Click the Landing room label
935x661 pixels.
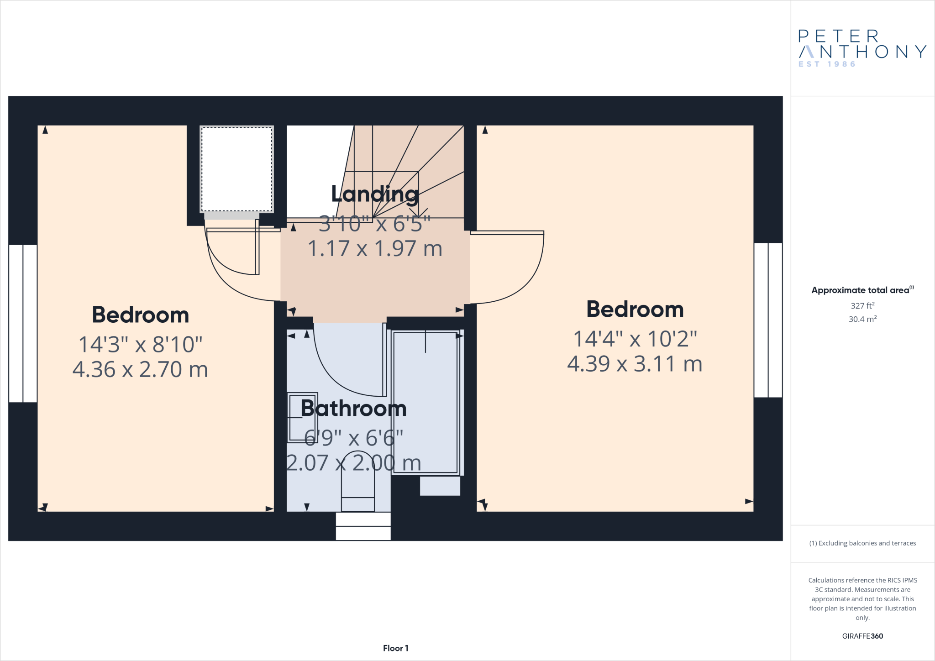pyautogui.click(x=374, y=194)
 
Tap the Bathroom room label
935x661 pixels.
pyautogui.click(x=354, y=409)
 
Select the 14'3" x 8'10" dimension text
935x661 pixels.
pyautogui.click(x=140, y=345)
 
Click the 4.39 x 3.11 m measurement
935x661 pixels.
pyautogui.click(x=635, y=364)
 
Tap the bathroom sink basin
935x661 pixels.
pyautogui.click(x=302, y=418)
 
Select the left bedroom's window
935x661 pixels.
pyautogui.click(x=23, y=323)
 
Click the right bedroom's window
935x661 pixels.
pyautogui.click(x=768, y=320)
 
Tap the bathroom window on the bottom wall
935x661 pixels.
pyautogui.click(x=363, y=526)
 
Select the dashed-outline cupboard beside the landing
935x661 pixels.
pyautogui.click(x=236, y=169)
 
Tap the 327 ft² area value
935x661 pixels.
pyautogui.click(x=862, y=306)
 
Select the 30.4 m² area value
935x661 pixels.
pyautogui.click(x=862, y=319)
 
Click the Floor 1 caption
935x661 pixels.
pyautogui.click(x=395, y=648)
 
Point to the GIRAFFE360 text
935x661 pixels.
pyautogui.click(x=862, y=636)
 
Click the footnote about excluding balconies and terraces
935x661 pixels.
pyautogui.click(x=862, y=543)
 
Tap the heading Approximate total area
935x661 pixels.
pyautogui.click(x=861, y=290)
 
